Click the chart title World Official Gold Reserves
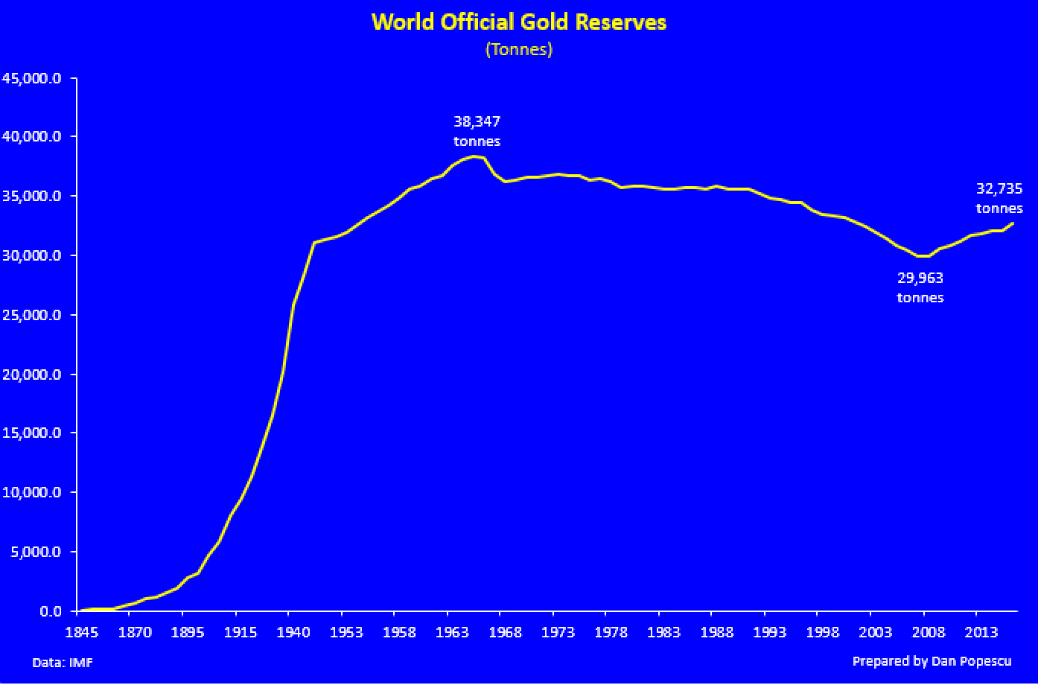click(x=519, y=22)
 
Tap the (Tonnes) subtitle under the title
click(x=519, y=50)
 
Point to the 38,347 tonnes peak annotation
click(x=477, y=130)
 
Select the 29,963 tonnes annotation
click(x=920, y=287)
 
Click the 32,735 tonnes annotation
click(x=999, y=198)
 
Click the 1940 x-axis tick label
click(x=288, y=632)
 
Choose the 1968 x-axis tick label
click(x=500, y=632)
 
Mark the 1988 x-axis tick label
click(x=712, y=632)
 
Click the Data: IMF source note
click(x=63, y=662)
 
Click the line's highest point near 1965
click(x=474, y=156)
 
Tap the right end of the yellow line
click(x=1013, y=223)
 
